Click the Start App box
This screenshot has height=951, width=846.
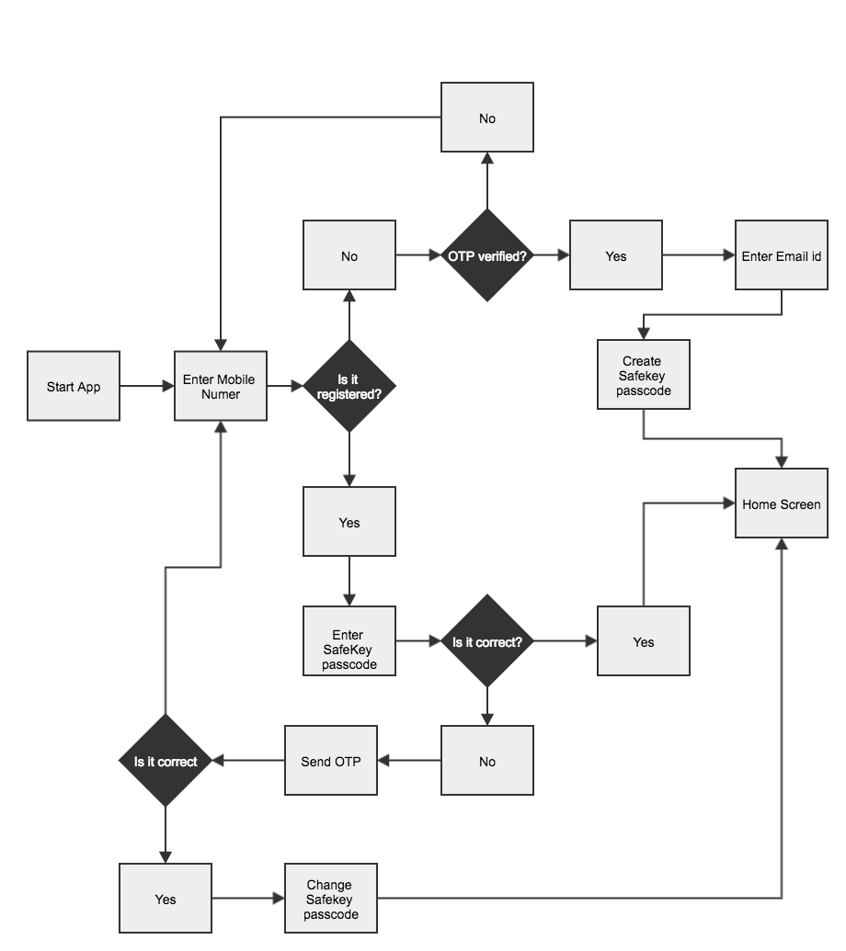(x=74, y=386)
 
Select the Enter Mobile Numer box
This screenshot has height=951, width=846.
(x=221, y=386)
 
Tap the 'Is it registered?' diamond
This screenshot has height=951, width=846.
(x=349, y=386)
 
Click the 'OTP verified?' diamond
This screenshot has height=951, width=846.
(x=487, y=255)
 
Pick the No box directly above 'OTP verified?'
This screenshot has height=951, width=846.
(x=487, y=118)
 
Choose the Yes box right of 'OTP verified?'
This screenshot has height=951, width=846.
(x=616, y=255)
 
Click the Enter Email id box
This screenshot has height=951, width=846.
(x=782, y=255)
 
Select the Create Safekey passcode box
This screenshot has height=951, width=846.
(x=643, y=375)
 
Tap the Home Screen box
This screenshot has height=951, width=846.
(x=782, y=504)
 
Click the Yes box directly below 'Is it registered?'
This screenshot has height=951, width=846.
(x=349, y=522)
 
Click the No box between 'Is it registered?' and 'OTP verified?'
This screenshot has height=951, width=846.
(x=349, y=255)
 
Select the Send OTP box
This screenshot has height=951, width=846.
(x=331, y=761)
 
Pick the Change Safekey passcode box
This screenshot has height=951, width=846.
(x=331, y=899)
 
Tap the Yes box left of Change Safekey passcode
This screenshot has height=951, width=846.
(x=166, y=899)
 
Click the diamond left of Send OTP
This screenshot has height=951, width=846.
(x=166, y=761)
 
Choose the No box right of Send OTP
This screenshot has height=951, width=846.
(x=487, y=761)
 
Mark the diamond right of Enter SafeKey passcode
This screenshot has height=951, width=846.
(x=487, y=641)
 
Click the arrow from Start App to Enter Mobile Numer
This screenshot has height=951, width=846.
(x=147, y=386)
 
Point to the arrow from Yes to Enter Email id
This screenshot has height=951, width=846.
(x=699, y=255)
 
